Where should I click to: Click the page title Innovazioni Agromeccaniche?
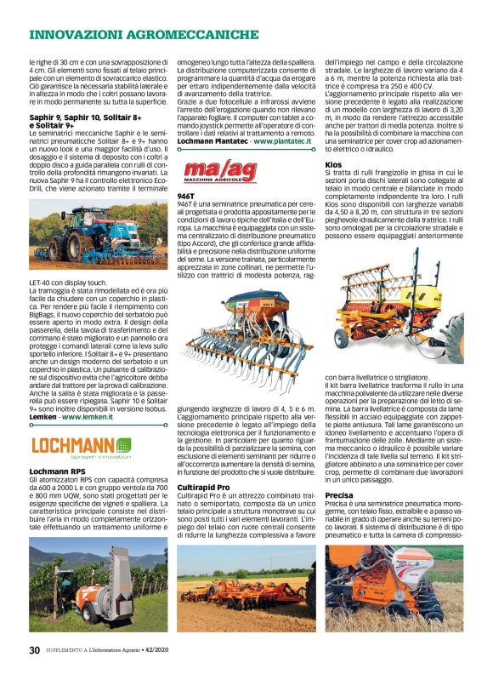(x=144, y=34)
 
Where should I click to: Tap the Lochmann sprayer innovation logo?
(x=81, y=446)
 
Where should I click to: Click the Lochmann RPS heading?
(x=57, y=471)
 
